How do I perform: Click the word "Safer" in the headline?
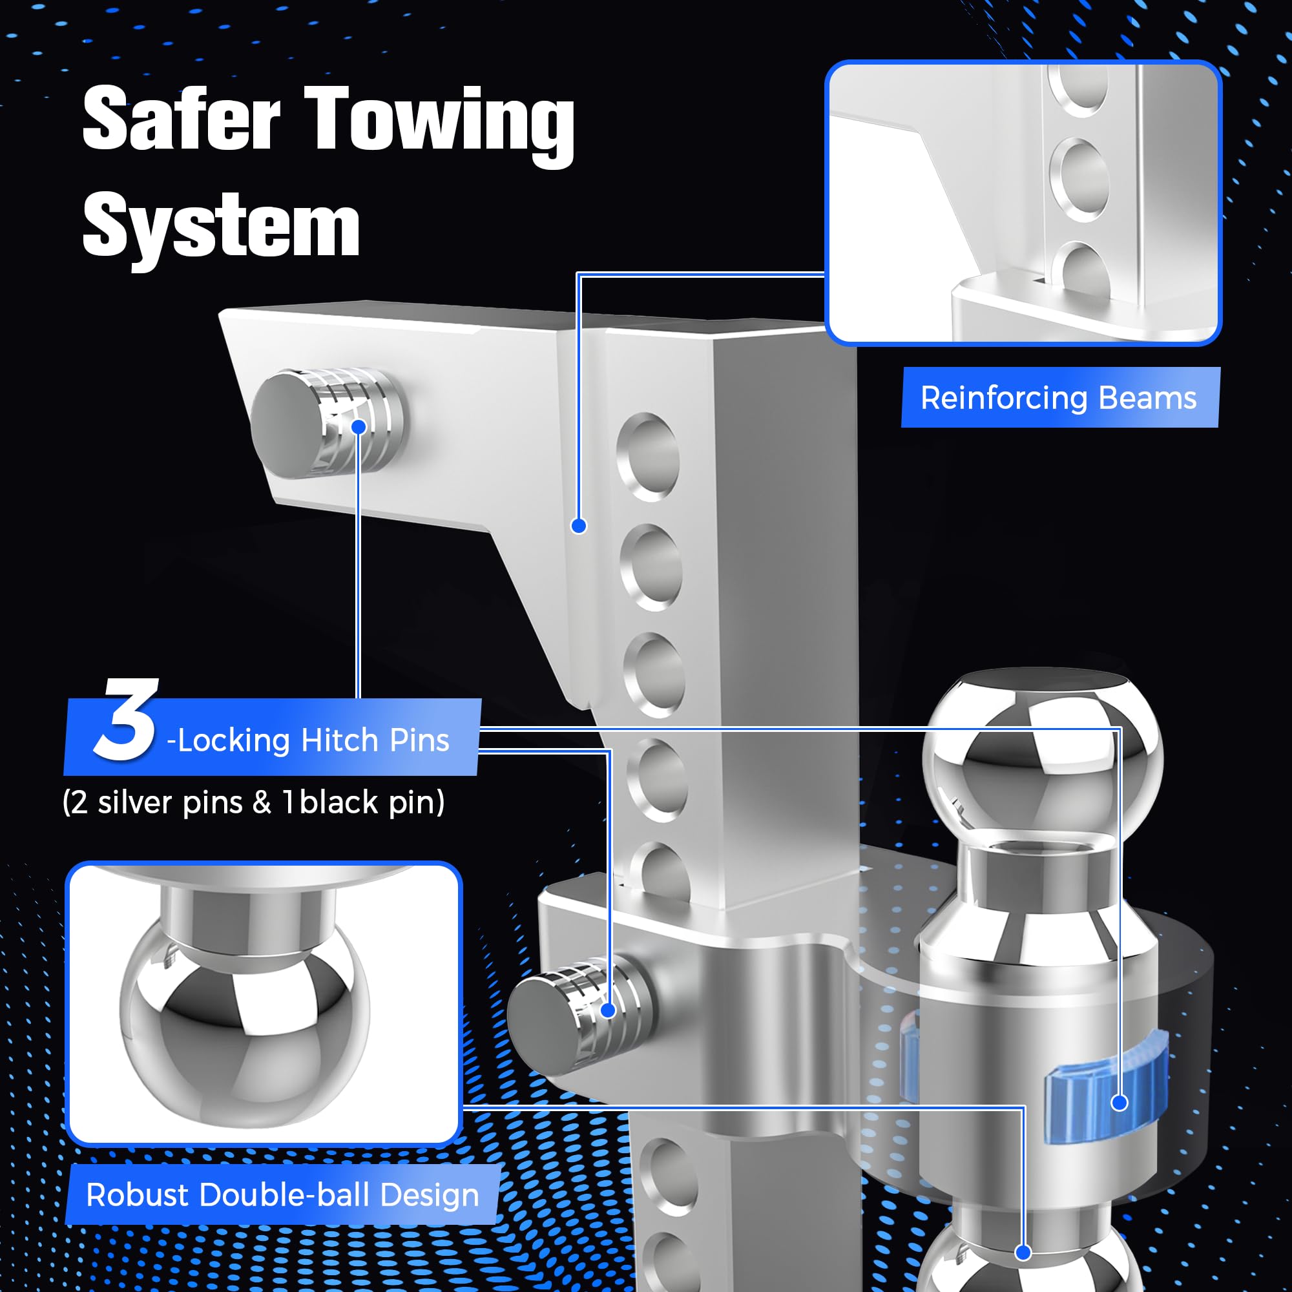pyautogui.click(x=181, y=119)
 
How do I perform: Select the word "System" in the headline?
pyautogui.click(x=221, y=226)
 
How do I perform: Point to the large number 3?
pyautogui.click(x=126, y=720)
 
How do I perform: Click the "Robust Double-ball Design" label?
pyautogui.click(x=282, y=1194)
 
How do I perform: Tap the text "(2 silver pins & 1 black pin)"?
pyautogui.click(x=253, y=802)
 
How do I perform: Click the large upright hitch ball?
pyautogui.click(x=1042, y=756)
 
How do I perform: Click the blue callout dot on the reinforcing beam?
pyautogui.click(x=579, y=526)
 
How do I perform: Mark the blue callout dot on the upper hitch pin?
pyautogui.click(x=359, y=426)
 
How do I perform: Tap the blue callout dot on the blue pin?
pyautogui.click(x=1120, y=1103)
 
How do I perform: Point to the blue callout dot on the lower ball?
pyautogui.click(x=1023, y=1253)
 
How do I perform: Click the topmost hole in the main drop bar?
pyautogui.click(x=648, y=456)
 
